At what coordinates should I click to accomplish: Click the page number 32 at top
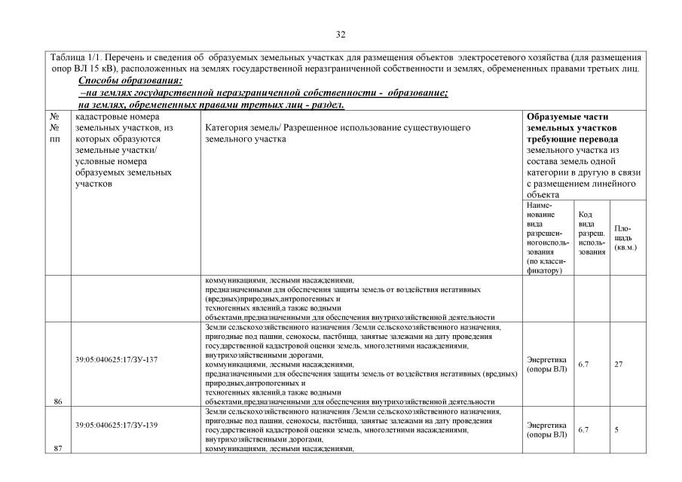[x=341, y=35]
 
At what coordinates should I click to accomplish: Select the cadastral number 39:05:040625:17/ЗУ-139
[x=116, y=426]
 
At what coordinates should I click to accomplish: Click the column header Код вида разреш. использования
[x=590, y=233]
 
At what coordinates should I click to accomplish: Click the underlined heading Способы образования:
[x=135, y=81]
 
